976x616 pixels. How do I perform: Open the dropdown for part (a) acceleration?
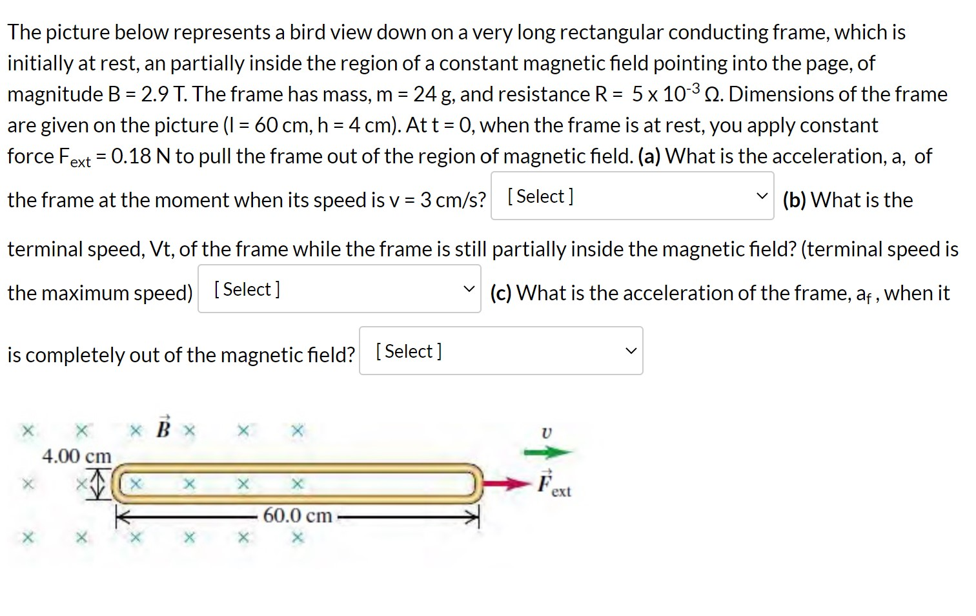[632, 196]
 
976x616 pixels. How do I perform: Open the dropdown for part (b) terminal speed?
[339, 289]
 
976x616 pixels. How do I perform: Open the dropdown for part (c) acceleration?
[501, 351]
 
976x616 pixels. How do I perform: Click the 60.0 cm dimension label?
[298, 515]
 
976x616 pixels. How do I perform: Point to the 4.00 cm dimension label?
[77, 456]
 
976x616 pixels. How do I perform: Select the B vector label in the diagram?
[163, 428]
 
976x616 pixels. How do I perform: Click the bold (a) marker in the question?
[649, 156]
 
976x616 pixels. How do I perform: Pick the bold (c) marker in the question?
[501, 293]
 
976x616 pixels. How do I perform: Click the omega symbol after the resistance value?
[712, 94]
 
